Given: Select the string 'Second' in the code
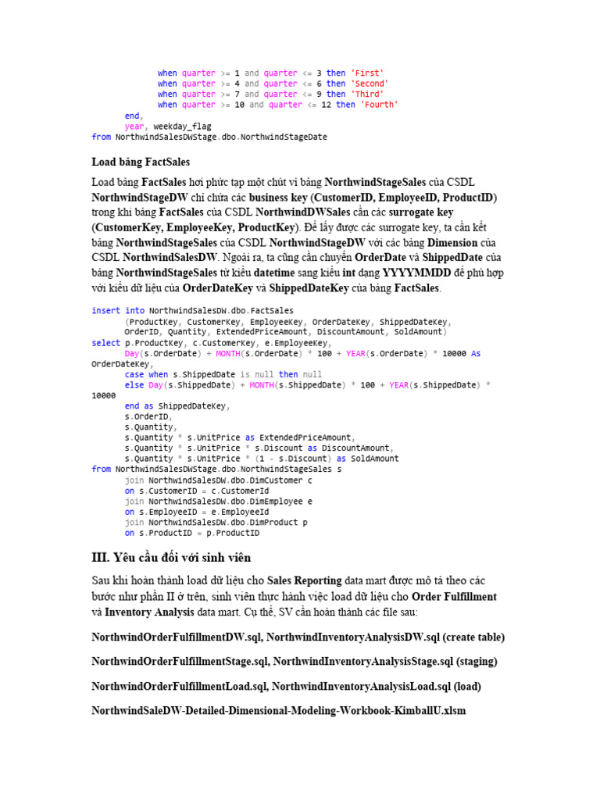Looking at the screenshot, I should coord(370,84).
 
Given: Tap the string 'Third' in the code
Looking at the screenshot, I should coord(368,95).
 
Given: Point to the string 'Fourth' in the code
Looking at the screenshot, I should coord(380,105).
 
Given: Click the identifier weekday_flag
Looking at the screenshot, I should coord(182,126).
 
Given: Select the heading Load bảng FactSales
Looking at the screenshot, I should coord(141,162).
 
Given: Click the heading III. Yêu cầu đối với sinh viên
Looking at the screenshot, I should coord(171,558).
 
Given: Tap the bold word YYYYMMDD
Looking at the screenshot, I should coord(420,273).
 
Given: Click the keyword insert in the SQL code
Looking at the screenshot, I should coord(106,310).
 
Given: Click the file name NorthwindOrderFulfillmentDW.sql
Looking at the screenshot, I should coord(177,637).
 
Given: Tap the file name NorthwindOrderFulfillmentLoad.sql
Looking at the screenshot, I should coord(177,687).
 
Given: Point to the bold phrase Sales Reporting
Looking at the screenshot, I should coord(305,581).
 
